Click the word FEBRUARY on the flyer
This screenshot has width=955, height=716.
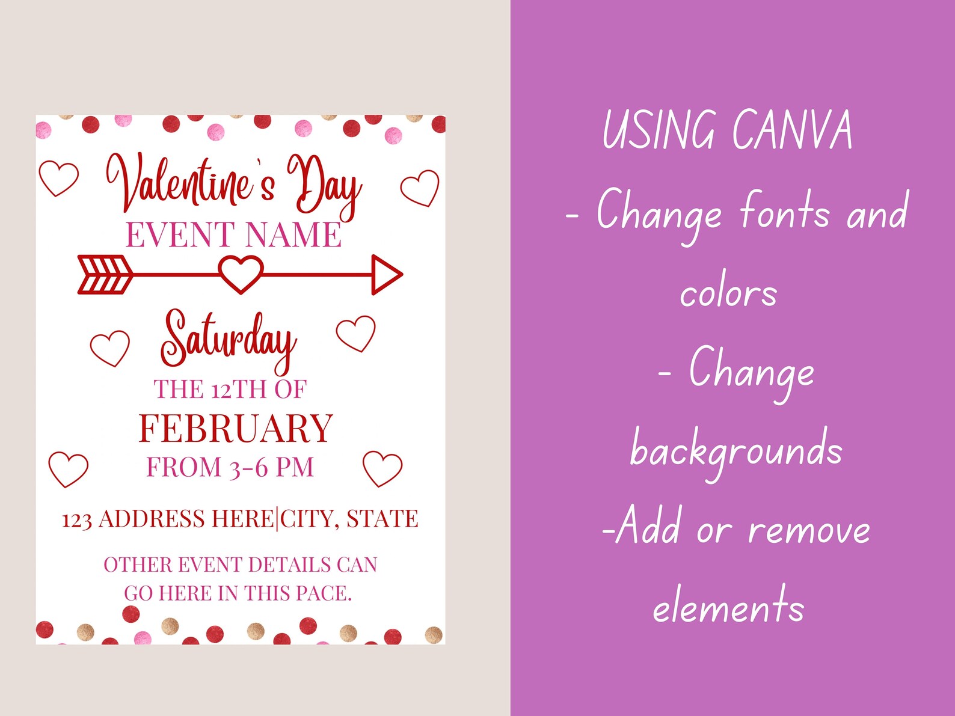236,429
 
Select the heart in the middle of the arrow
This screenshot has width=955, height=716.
241,274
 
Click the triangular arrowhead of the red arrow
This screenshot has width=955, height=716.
385,275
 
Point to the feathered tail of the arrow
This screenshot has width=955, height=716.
105,275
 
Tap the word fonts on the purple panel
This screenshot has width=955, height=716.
784,211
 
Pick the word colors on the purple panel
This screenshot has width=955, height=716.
728,293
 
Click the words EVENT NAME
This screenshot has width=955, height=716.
233,235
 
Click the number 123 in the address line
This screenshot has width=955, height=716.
76,520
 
